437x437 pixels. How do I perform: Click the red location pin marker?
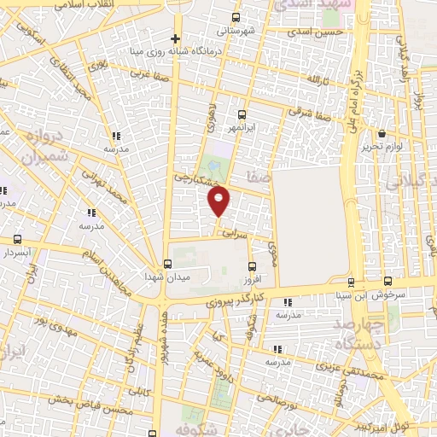click(219, 201)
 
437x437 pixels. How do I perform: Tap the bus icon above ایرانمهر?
click(242, 114)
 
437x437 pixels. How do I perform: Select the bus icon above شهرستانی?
click(236, 16)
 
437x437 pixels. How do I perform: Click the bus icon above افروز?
click(250, 266)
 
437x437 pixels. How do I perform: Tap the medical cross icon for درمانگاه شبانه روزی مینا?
click(175, 38)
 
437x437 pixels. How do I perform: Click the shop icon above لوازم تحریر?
click(381, 133)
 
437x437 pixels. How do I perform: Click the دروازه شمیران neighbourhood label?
click(42, 148)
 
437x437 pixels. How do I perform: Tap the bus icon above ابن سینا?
click(351, 283)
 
